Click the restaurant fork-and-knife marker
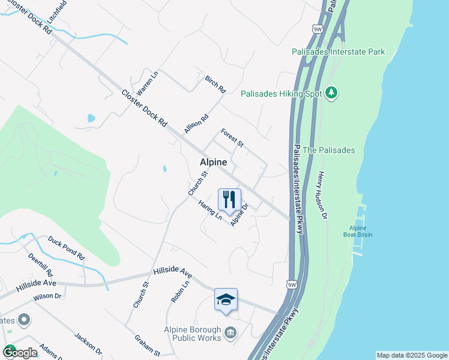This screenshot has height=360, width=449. (x=229, y=200)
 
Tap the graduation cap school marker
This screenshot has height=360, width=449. (x=226, y=299)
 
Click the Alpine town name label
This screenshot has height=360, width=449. (x=214, y=163)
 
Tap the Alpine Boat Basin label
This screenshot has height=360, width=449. (x=361, y=231)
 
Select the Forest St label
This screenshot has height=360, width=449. (x=232, y=137)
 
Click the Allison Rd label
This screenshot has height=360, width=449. (x=196, y=124)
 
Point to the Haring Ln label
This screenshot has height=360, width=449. (x=210, y=210)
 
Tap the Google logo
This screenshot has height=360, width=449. (x=19, y=353)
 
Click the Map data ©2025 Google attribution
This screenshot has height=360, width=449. (x=412, y=355)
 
